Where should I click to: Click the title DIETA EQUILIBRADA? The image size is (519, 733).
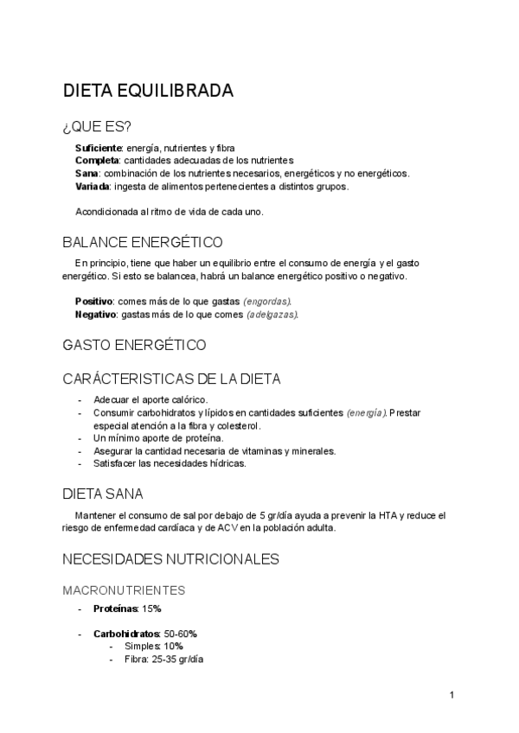147,91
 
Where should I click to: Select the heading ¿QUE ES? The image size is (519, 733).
97,127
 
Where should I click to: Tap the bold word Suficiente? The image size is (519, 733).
98,148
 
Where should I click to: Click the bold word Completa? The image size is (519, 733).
97,160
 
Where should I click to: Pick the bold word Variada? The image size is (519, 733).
93,186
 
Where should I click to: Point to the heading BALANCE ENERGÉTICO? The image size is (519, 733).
143,241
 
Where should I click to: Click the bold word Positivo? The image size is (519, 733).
94,301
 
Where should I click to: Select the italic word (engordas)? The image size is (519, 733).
266,301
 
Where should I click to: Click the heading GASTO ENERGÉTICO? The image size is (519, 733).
134,345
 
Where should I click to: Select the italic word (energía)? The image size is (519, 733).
365,413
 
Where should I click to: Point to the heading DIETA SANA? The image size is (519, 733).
103,494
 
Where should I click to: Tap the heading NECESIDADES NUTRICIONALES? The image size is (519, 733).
170,559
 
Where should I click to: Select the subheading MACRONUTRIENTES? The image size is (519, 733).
124,590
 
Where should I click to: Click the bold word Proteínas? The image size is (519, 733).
116,609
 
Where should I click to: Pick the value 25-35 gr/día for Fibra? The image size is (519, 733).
177,659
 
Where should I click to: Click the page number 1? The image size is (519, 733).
452,694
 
